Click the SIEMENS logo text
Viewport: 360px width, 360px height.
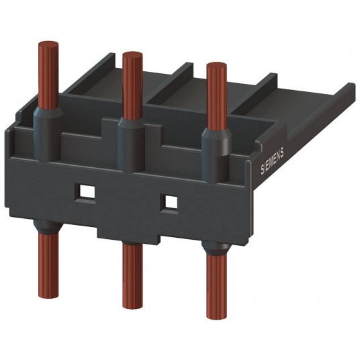tap(272, 161)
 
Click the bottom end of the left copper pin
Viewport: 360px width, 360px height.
tap(48, 296)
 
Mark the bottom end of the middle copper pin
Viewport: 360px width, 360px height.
tap(132, 306)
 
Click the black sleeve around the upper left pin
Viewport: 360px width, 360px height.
tap(47, 136)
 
